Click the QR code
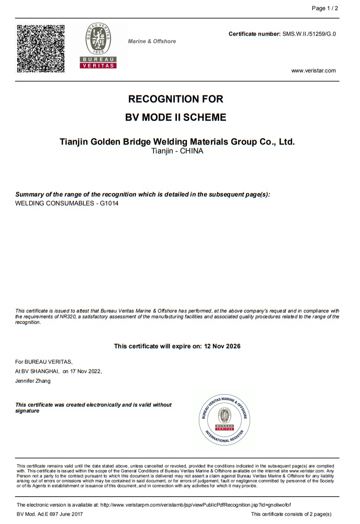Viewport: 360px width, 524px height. [x=41, y=48]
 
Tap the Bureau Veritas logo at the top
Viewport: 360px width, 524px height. [x=98, y=46]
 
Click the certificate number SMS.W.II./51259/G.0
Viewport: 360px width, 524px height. [x=309, y=34]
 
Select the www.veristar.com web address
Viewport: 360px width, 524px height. [x=313, y=71]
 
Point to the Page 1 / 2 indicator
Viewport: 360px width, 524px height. [x=325, y=9]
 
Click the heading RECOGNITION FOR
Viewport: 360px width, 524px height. [x=176, y=99]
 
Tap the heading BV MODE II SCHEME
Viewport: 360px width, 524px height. [x=176, y=117]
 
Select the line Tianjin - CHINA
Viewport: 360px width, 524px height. [x=176, y=151]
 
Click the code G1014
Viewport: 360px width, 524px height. [x=109, y=203]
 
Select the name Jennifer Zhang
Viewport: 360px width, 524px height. [x=33, y=381]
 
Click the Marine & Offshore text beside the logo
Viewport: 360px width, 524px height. [x=152, y=41]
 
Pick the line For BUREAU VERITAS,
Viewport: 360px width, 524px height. [x=44, y=361]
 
